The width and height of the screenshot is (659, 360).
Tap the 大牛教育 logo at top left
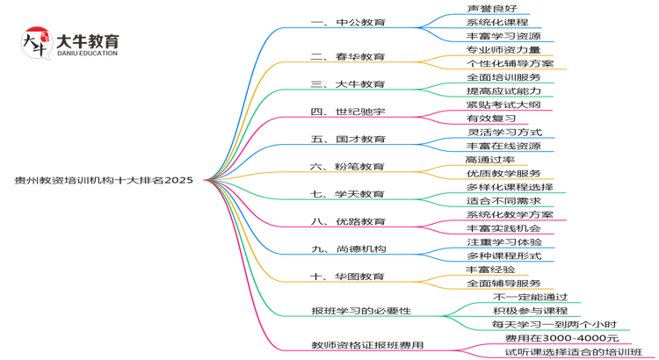(70, 45)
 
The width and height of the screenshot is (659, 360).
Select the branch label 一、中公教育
(348, 22)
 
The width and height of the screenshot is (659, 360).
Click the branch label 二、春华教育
(348, 56)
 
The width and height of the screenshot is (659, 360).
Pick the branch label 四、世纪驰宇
(348, 112)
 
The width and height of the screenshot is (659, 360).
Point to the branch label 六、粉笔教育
(348, 166)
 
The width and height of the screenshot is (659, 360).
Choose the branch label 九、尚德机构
(348, 248)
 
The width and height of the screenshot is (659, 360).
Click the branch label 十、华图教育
(348, 277)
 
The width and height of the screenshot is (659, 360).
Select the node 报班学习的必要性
(361, 311)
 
